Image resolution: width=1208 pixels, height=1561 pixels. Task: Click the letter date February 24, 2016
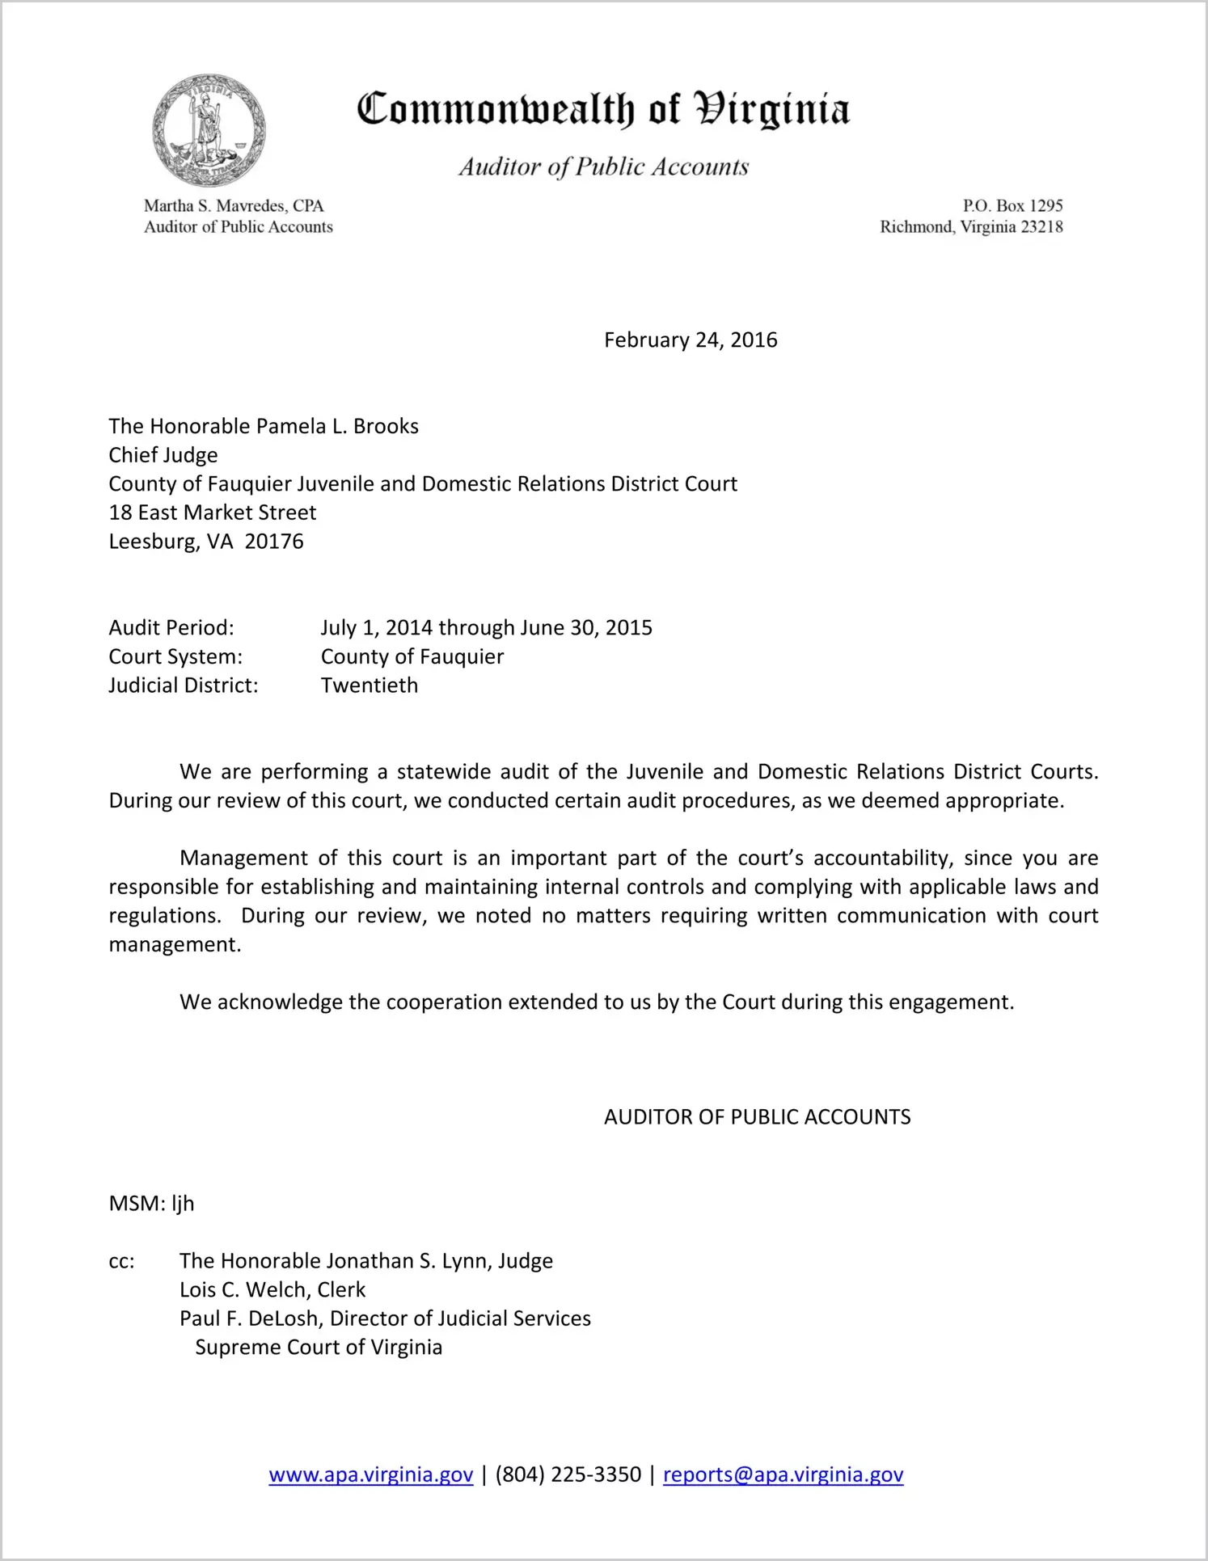click(x=691, y=340)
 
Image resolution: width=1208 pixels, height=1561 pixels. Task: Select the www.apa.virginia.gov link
click(x=370, y=1475)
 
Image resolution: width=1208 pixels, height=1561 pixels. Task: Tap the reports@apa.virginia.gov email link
click(x=783, y=1475)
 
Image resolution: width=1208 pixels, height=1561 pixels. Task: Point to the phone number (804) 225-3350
click(x=568, y=1475)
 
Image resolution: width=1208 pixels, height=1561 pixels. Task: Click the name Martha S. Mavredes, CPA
click(x=234, y=206)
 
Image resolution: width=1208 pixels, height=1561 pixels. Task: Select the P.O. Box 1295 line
click(x=1012, y=206)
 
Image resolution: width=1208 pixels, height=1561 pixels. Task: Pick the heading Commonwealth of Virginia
click(x=603, y=110)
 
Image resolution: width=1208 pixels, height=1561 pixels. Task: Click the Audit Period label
click(x=171, y=628)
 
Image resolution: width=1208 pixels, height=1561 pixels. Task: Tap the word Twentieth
click(x=370, y=686)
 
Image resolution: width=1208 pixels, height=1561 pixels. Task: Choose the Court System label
click(x=175, y=656)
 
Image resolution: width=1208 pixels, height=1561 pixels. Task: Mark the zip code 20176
click(x=274, y=542)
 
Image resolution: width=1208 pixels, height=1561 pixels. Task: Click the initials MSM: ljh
click(x=151, y=1204)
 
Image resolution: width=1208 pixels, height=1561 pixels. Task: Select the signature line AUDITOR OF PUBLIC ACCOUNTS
click(x=757, y=1117)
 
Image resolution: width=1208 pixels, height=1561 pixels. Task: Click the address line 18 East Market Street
click(x=213, y=513)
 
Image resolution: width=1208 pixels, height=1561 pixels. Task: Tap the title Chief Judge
click(x=163, y=455)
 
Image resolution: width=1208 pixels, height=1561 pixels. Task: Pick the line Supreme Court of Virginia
click(x=319, y=1348)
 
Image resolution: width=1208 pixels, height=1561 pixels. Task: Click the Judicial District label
click(x=184, y=686)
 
